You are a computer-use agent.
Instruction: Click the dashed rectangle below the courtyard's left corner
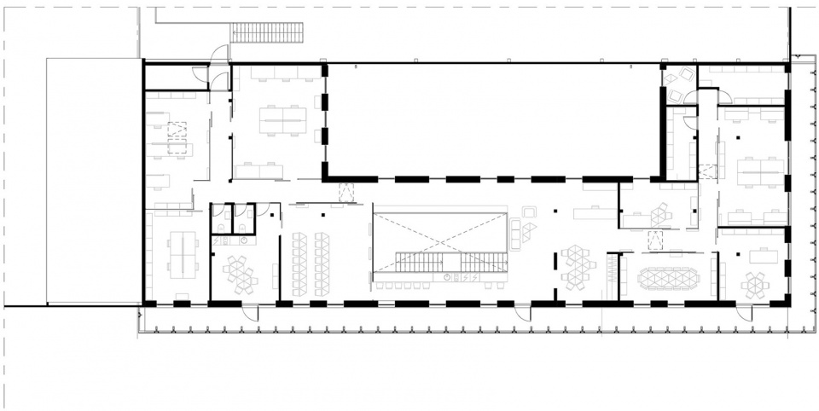(x=347, y=194)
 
